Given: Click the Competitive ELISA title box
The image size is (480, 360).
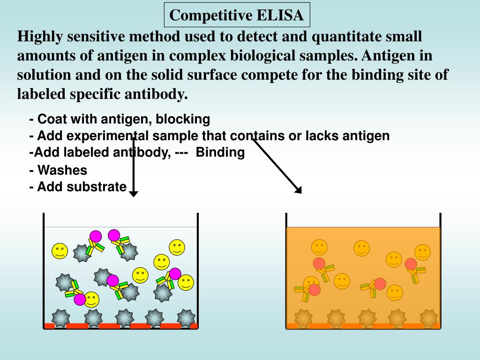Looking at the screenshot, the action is click(237, 15).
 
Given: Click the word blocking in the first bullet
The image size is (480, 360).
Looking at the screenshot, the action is click(183, 119).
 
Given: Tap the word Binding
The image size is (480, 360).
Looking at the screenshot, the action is click(220, 152).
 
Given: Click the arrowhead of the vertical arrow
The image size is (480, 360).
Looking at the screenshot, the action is click(134, 194).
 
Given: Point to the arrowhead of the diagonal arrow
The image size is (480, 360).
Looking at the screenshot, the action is click(299, 190).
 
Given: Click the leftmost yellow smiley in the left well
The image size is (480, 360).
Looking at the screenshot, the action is click(60, 251).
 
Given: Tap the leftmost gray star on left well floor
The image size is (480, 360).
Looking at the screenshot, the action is click(60, 318).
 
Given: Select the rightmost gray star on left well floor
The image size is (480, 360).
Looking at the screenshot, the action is click(186, 318).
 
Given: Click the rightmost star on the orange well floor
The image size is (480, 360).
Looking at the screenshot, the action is click(429, 318).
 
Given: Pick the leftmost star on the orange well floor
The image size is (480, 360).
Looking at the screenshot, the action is click(303, 318).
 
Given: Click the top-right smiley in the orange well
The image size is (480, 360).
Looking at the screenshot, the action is click(422, 252).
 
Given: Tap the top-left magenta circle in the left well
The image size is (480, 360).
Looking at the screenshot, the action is click(96, 236).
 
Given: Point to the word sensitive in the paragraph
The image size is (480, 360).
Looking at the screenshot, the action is click(96, 37).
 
